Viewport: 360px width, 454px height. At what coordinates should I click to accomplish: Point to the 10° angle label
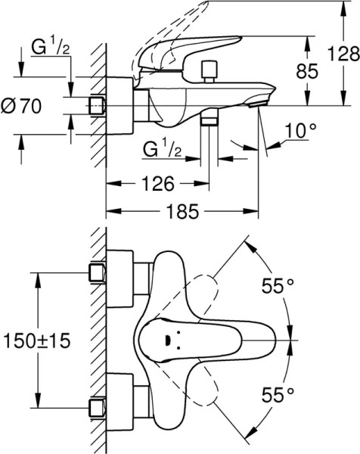tap(301, 130)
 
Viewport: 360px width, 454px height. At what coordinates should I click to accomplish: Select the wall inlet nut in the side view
tap(96, 106)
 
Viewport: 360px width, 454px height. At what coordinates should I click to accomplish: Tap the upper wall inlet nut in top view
tap(96, 272)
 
